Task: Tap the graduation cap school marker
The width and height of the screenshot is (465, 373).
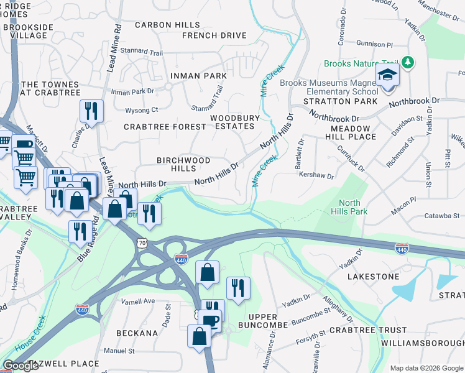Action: (x=387, y=75)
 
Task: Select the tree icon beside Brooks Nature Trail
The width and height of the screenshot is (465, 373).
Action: (x=408, y=62)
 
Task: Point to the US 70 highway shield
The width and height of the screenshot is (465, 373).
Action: (x=143, y=243)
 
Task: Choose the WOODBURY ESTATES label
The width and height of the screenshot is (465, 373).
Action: (x=232, y=121)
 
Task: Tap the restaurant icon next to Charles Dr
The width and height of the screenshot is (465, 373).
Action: (x=91, y=111)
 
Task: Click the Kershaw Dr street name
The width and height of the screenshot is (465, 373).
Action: (x=316, y=177)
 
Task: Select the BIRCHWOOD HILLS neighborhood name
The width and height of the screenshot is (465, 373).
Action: (x=183, y=164)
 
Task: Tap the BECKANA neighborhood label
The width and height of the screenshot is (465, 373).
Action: (x=137, y=333)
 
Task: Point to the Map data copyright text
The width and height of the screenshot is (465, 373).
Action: (x=426, y=368)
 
